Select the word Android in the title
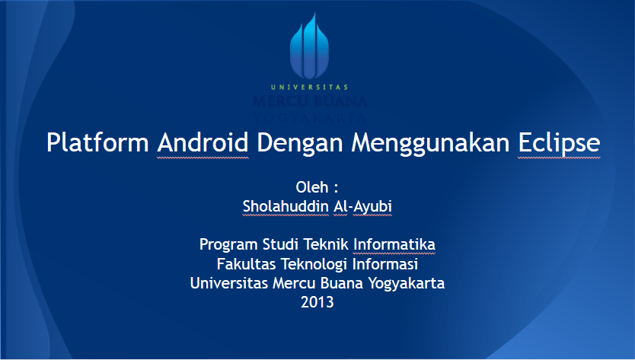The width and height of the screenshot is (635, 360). coord(203,143)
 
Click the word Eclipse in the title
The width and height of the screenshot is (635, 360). coord(559,143)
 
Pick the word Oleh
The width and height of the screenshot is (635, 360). coord(311,187)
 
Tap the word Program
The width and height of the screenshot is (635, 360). coord(228,245)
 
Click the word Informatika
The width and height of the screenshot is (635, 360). coord(394,245)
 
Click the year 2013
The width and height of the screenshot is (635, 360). coord(317,302)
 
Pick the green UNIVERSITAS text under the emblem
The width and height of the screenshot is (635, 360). coord(308,87)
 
